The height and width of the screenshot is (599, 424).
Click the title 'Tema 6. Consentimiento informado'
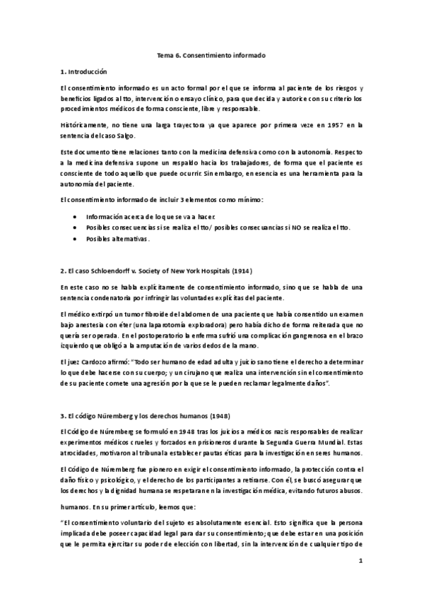[211, 54]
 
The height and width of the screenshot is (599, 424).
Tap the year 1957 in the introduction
[321, 125]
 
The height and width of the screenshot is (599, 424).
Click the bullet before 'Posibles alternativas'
[75, 239]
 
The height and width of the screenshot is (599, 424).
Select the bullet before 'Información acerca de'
[75, 215]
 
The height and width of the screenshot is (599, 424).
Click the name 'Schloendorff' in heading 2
[105, 271]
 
